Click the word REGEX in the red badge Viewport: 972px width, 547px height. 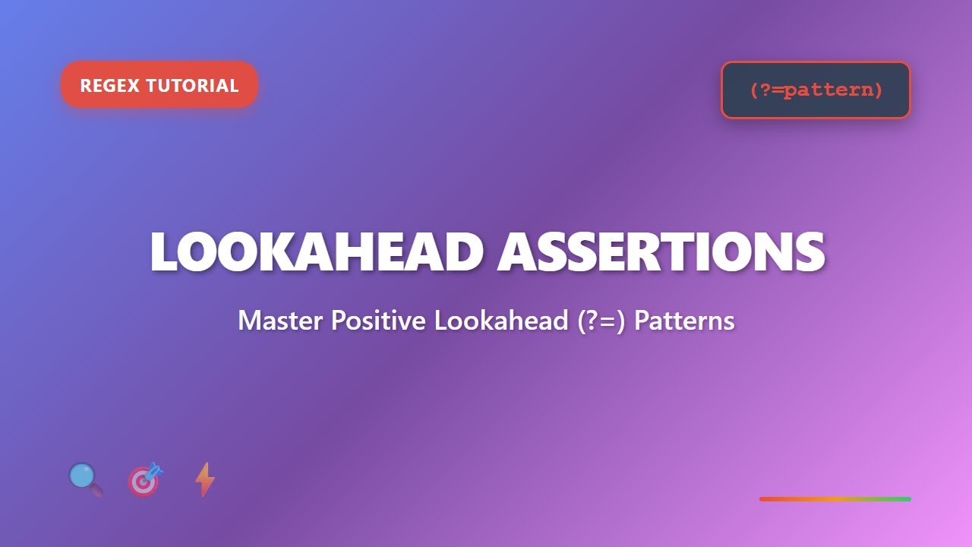point(109,85)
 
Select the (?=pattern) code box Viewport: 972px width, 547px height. point(816,90)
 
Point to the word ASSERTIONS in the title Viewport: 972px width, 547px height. point(661,251)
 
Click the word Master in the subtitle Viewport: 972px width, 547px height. point(281,321)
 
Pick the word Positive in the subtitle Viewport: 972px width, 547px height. point(378,321)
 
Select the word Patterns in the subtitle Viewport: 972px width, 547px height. point(684,321)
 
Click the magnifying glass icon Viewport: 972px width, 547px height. point(85,479)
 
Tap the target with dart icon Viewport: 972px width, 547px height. point(144,479)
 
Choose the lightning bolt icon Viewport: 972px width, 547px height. point(204,479)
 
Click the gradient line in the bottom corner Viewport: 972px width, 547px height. point(835,499)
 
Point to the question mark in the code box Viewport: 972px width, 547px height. point(765,90)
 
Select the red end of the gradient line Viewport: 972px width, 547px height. point(765,499)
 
